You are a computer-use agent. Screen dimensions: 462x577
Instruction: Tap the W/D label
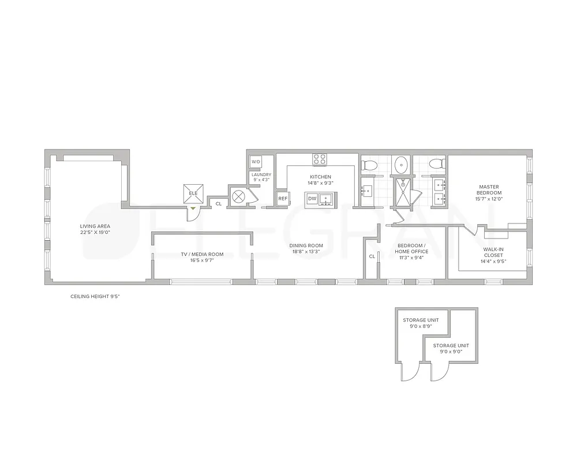coord(256,162)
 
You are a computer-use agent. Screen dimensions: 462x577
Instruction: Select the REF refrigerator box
coord(283,199)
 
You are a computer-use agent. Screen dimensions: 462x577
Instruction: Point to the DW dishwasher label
coord(312,199)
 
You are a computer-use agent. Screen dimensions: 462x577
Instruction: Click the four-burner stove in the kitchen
coord(320,158)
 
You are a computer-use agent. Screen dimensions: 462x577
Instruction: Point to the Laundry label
coord(261,174)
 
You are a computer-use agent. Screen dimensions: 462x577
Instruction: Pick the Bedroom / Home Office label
coord(412,248)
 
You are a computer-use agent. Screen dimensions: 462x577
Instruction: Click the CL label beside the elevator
coord(218,204)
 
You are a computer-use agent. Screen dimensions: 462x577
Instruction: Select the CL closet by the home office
coord(372,256)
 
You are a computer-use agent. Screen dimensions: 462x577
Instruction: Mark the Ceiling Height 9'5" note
coord(95,296)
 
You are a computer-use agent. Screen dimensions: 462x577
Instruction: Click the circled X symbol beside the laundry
coord(238,195)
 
